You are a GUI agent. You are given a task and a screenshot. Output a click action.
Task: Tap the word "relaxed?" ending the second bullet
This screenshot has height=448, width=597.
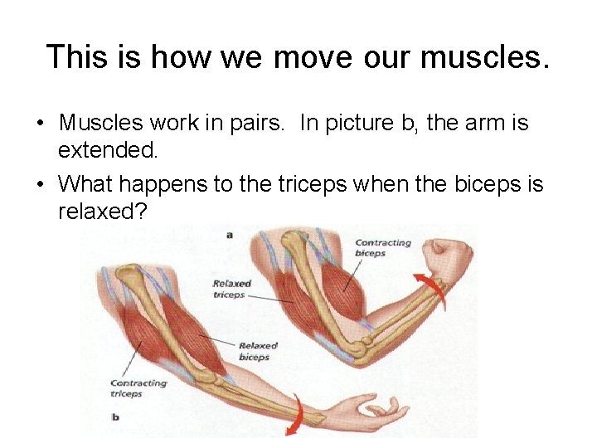click(103, 211)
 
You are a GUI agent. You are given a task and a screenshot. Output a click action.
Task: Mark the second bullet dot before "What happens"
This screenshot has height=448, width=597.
click(40, 183)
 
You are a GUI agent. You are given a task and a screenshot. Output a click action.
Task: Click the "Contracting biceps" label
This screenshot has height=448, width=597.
click(382, 247)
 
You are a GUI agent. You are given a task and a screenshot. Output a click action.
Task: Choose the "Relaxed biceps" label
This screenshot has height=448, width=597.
click(256, 351)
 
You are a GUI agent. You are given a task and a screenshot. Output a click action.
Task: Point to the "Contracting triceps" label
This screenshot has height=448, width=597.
click(138, 388)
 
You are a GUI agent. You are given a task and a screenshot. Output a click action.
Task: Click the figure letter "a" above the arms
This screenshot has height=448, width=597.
click(229, 235)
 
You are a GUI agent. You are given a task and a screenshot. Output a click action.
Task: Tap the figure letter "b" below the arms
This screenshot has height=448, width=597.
click(115, 416)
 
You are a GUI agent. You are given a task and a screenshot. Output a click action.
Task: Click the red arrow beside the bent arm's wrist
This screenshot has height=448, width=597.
click(432, 292)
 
